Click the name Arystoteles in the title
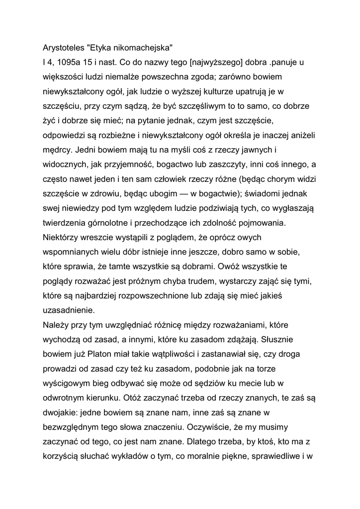[x=62, y=49]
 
